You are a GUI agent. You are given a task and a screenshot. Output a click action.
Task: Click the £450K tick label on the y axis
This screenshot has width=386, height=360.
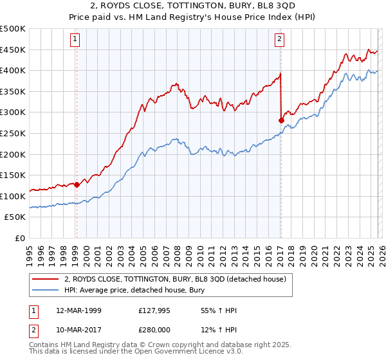pyautogui.click(x=13, y=50)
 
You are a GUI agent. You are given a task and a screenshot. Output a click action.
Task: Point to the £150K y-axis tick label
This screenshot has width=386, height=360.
pyautogui.click(x=13, y=175)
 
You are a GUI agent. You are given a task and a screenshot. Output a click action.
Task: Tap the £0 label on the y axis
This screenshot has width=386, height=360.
pyautogui.click(x=19, y=238)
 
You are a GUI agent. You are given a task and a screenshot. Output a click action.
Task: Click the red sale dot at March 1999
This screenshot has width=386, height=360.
pyautogui.click(x=77, y=184)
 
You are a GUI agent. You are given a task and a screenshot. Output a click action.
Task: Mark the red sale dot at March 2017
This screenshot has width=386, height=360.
pyautogui.click(x=281, y=120)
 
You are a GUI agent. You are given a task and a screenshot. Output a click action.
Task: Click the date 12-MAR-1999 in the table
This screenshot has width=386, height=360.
pyautogui.click(x=78, y=310)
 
